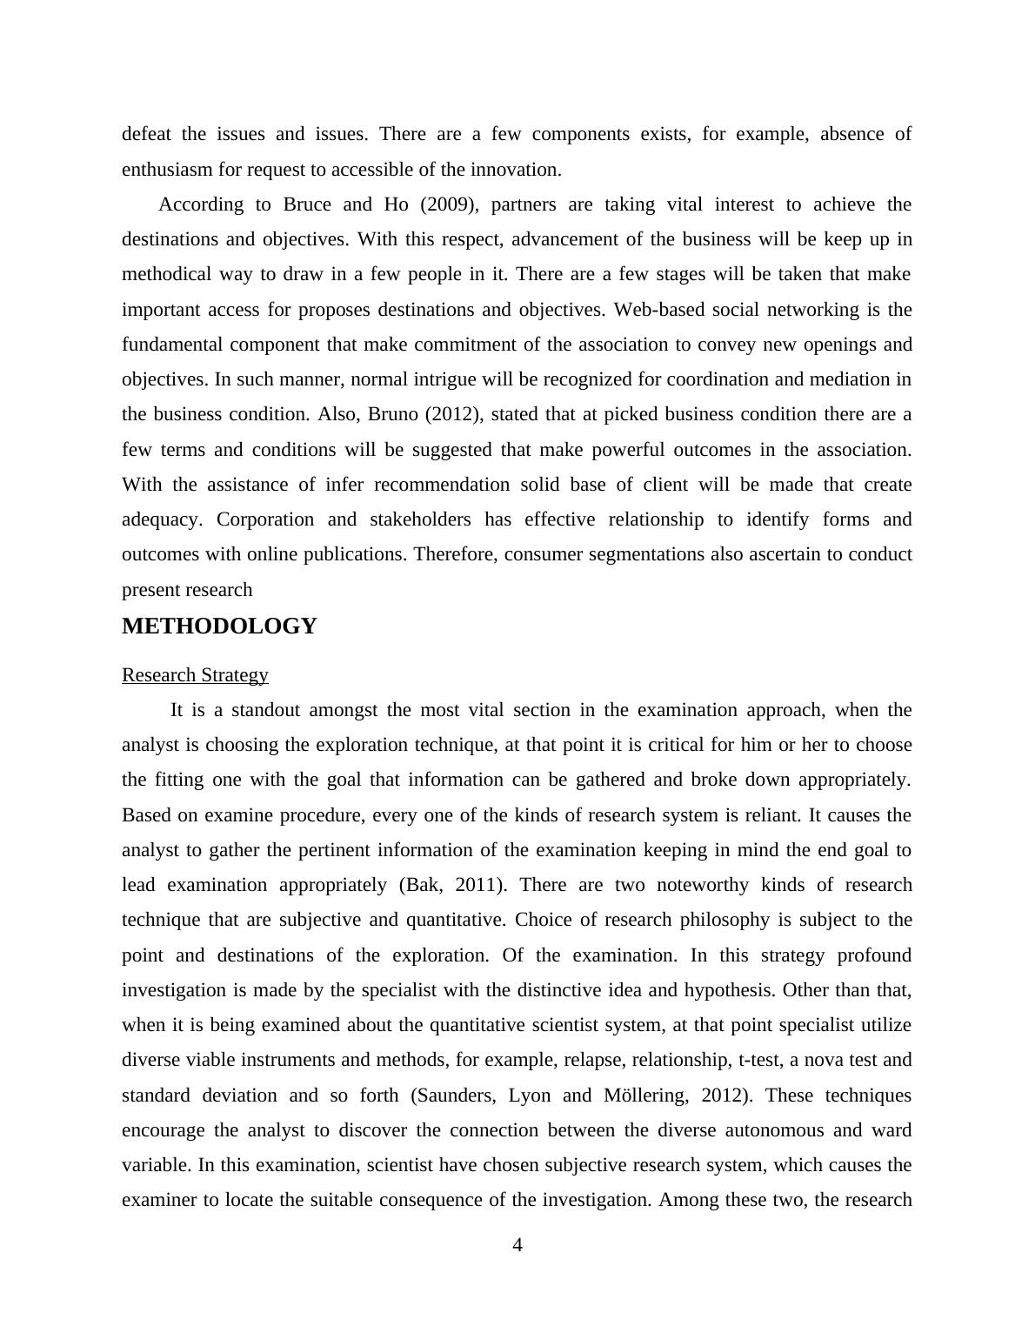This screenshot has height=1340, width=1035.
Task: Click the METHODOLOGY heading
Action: click(219, 626)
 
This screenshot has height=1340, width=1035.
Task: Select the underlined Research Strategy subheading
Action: click(195, 675)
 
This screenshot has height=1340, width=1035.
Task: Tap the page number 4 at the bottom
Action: click(517, 1245)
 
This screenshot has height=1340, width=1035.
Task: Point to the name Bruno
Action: click(393, 414)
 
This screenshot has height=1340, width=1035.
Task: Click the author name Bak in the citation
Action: click(425, 885)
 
